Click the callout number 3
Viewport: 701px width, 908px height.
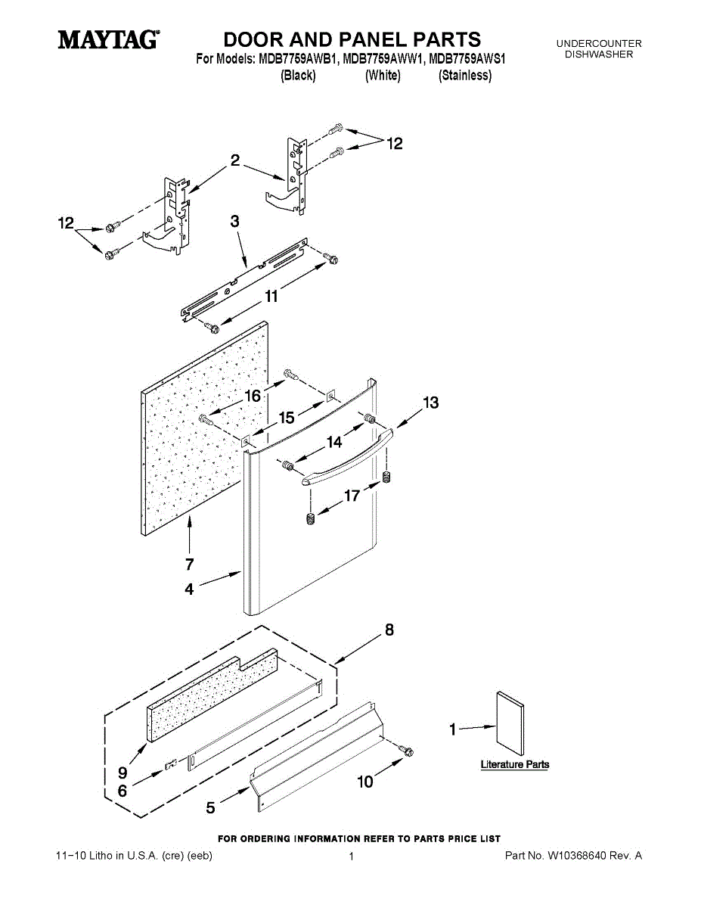tap(234, 221)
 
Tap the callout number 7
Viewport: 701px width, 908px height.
tap(190, 564)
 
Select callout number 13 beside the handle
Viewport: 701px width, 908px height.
tap(431, 403)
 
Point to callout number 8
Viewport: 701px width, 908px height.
tap(389, 630)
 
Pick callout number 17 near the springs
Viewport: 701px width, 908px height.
tap(352, 496)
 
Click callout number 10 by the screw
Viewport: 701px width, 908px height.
tap(365, 782)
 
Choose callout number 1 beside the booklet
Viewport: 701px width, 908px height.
tap(452, 729)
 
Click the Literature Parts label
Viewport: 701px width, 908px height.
tap(515, 764)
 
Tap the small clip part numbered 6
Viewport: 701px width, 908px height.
tap(171, 764)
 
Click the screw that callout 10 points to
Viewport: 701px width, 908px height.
tap(406, 750)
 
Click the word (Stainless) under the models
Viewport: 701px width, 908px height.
tap(465, 75)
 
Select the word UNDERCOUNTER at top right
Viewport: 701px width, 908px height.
tap(599, 43)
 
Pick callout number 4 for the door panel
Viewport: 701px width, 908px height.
tap(189, 589)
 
